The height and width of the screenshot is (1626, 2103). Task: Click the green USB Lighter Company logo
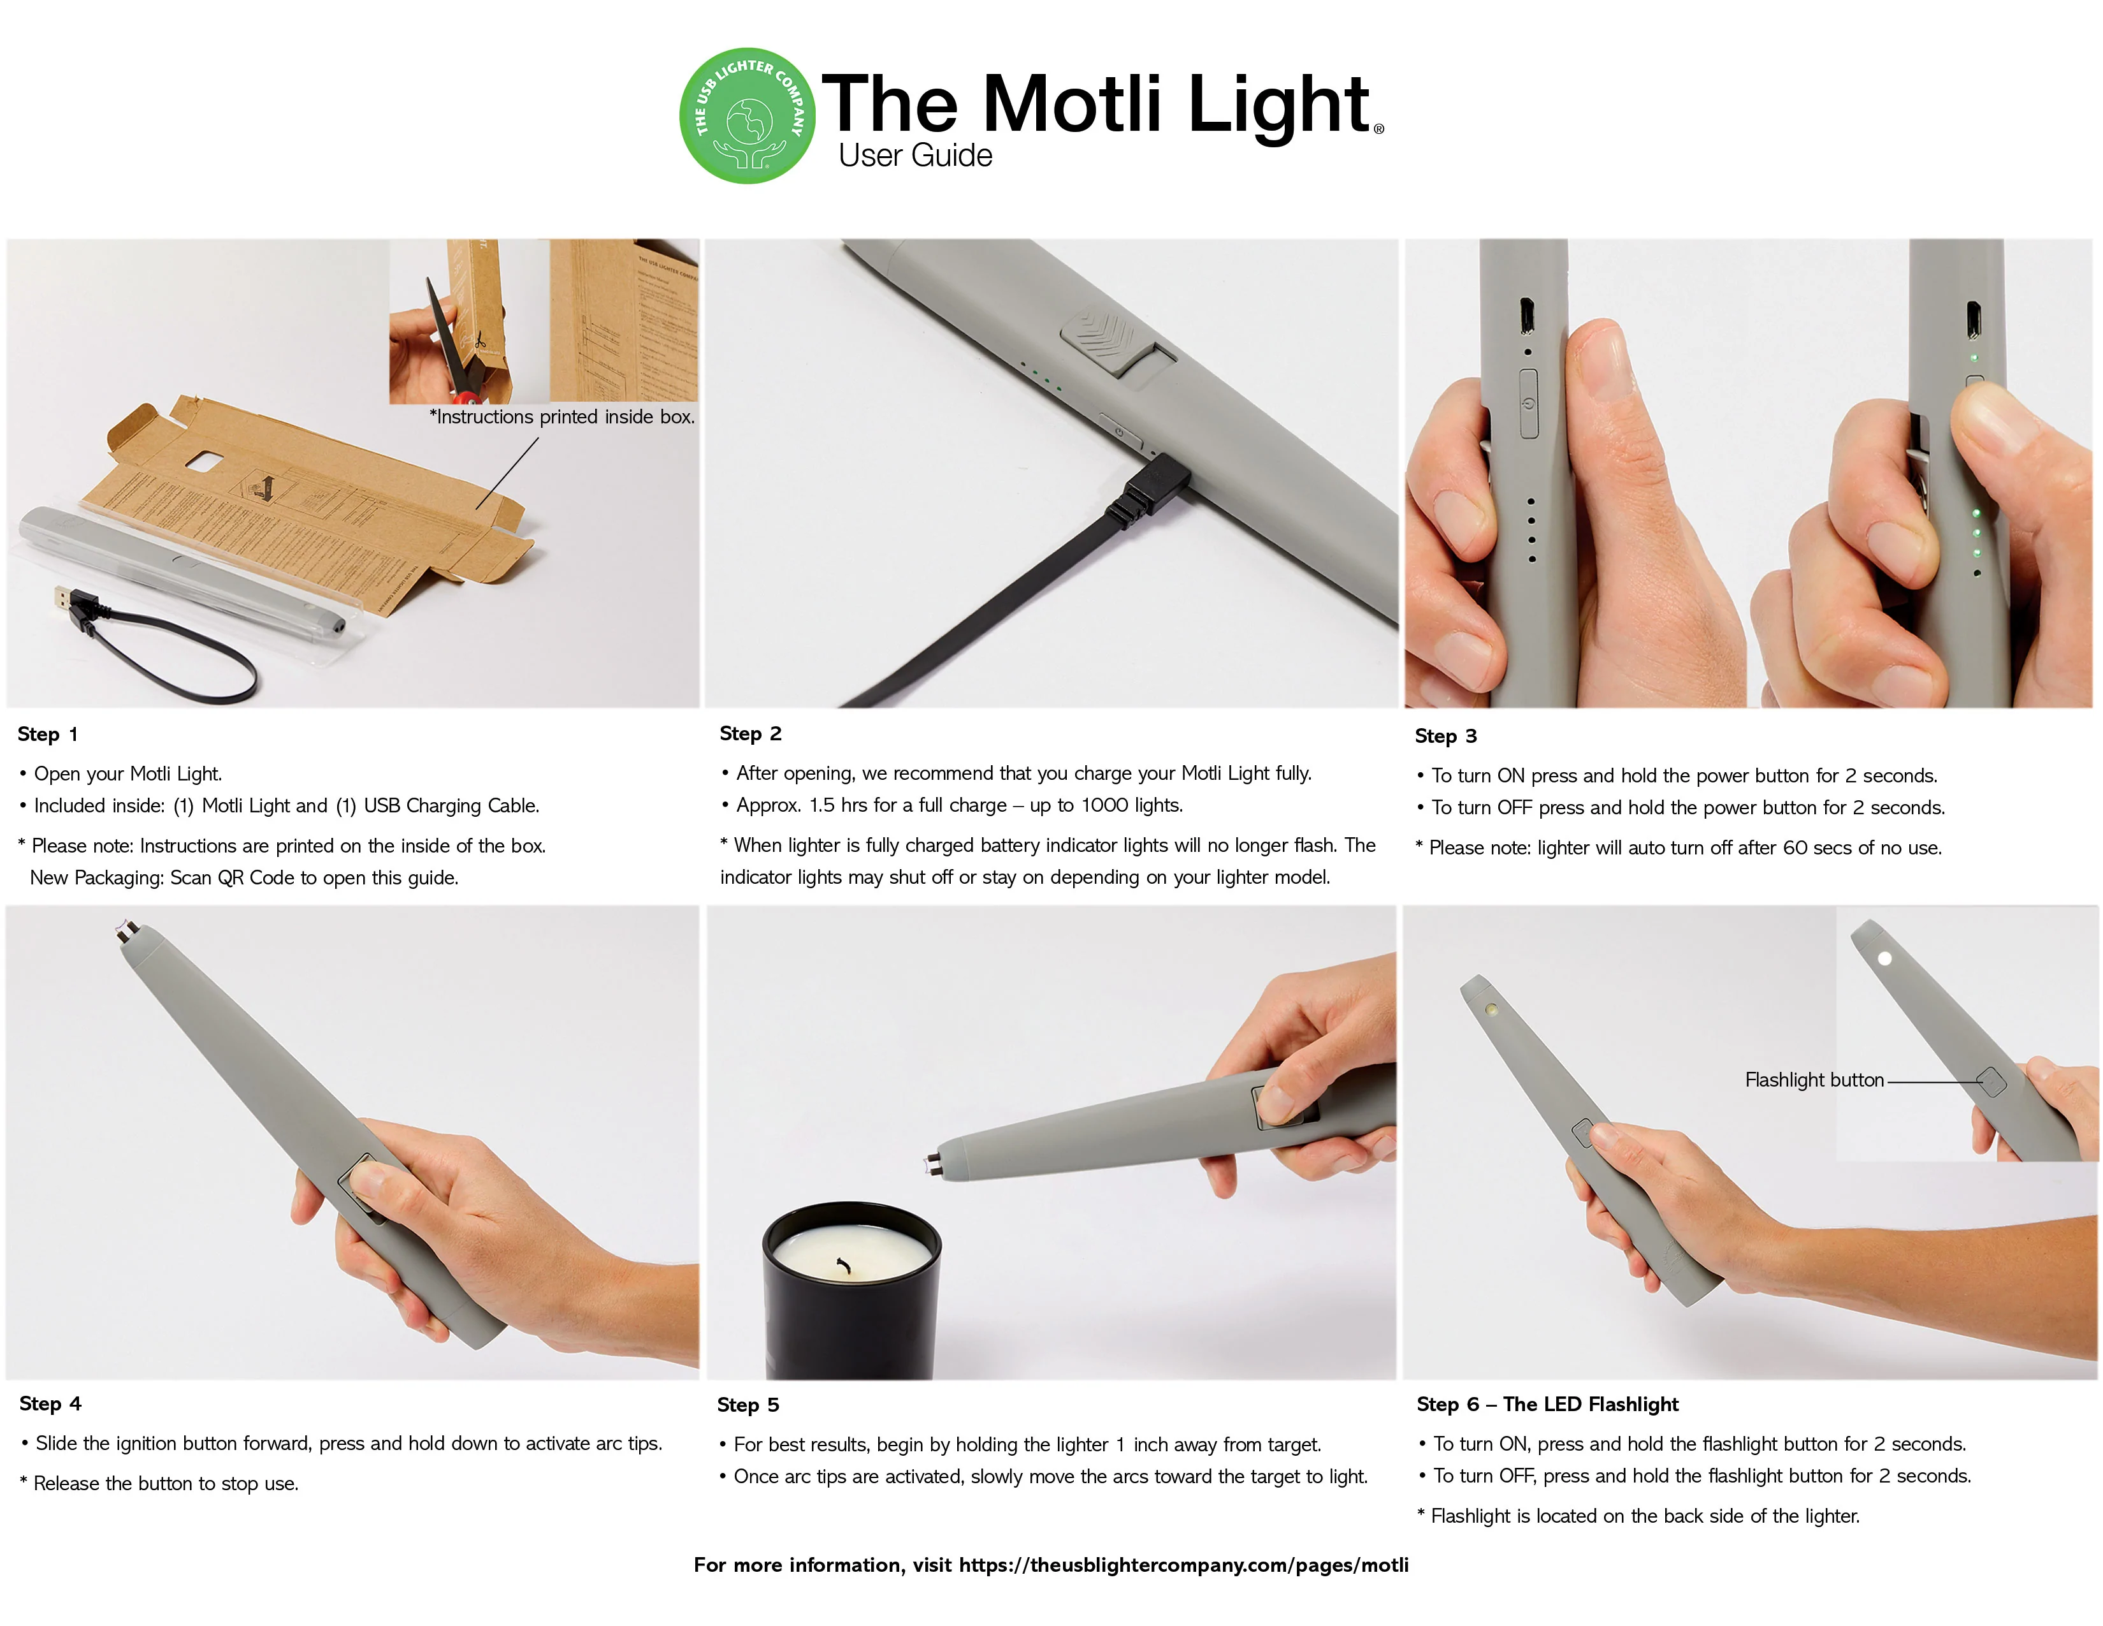point(748,115)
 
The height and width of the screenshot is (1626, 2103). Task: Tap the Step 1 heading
point(47,734)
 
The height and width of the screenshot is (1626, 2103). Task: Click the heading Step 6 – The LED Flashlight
point(1547,1405)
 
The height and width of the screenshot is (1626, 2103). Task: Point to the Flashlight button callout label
point(1814,1080)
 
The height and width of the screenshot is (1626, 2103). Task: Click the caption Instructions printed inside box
point(562,417)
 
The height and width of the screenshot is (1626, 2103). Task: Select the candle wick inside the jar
point(844,1265)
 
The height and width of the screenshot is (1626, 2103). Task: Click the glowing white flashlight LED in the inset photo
point(1884,958)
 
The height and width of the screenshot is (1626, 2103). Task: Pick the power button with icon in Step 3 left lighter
point(1529,404)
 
